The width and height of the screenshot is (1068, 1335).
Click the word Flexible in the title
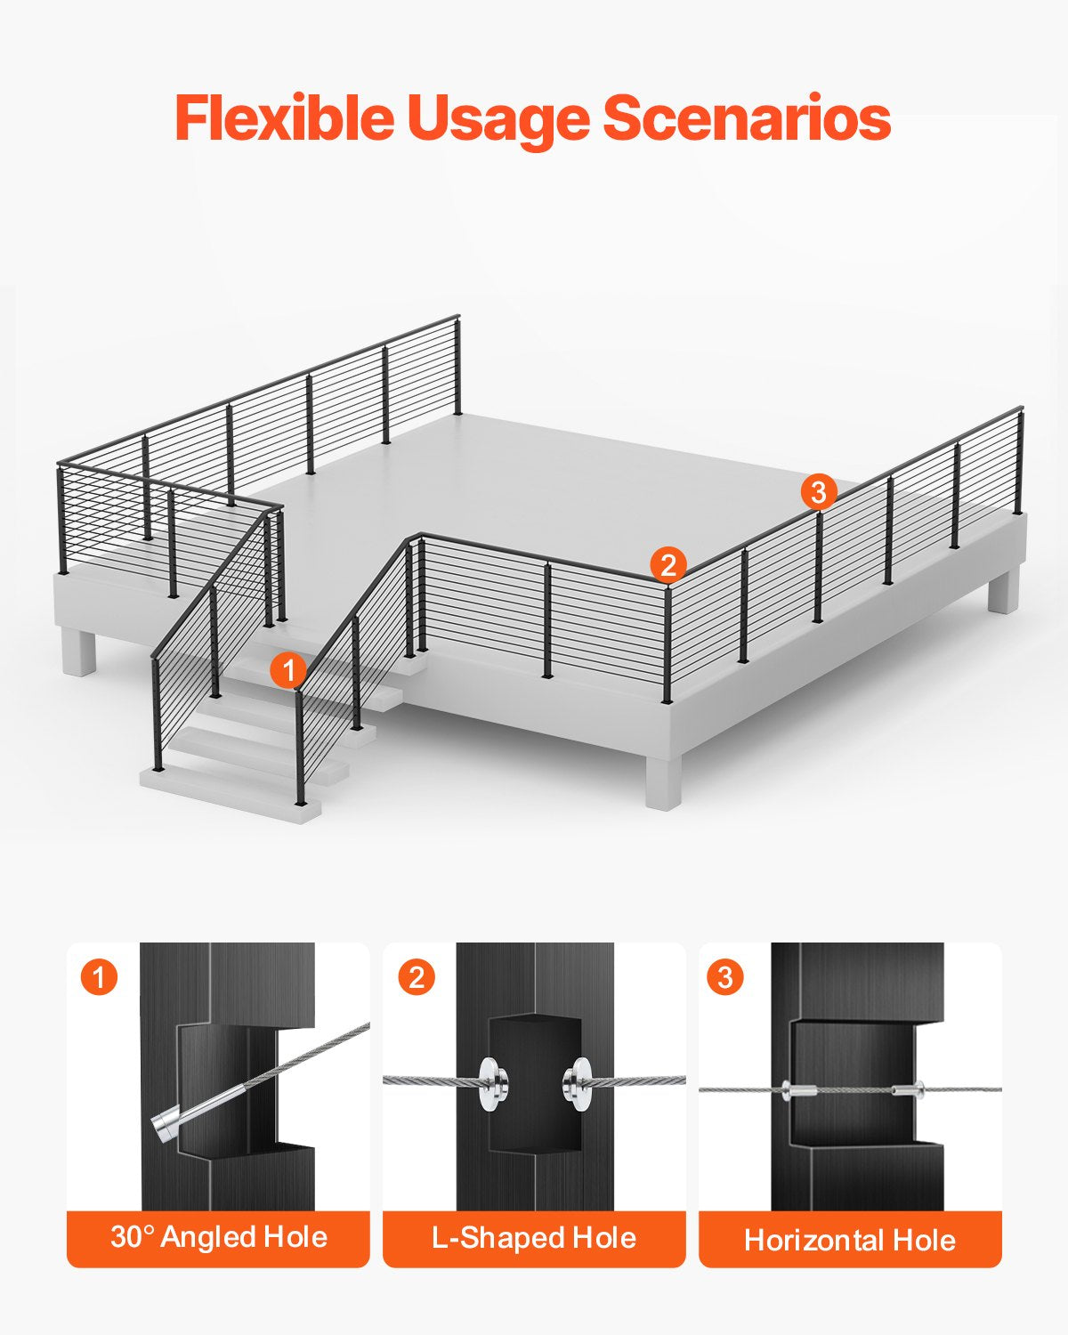(284, 118)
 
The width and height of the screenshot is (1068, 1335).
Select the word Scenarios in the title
(747, 118)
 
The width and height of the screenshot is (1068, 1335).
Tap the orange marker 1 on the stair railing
(287, 670)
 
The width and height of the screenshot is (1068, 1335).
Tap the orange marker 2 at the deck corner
(668, 565)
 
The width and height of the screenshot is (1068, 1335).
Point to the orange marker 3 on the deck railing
(819, 491)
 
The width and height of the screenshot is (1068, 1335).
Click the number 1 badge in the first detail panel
(99, 977)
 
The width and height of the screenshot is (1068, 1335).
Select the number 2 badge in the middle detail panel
(416, 977)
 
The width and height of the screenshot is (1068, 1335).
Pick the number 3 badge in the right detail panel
(725, 977)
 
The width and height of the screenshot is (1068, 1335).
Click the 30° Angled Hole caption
(218, 1237)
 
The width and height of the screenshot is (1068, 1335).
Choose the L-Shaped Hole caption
(534, 1237)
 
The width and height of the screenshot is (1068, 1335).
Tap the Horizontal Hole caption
(850, 1239)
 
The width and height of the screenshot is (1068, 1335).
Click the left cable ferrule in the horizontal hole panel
(798, 1089)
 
